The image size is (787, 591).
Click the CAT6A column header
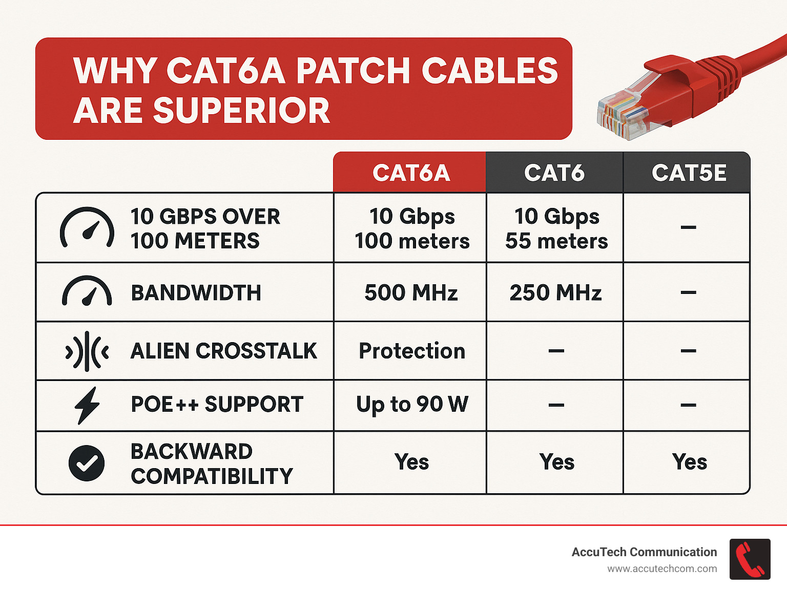pos(411,173)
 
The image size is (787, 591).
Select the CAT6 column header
pos(554,173)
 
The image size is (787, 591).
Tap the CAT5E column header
pos(689,173)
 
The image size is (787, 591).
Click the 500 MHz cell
pos(411,292)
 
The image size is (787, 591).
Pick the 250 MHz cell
pos(555,292)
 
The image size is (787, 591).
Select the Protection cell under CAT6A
pos(412,351)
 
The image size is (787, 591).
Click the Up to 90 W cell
pos(412,404)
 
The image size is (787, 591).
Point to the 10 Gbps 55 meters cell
pos(556,228)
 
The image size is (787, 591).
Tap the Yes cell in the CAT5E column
pos(689,462)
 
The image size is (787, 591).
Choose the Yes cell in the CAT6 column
pos(556,462)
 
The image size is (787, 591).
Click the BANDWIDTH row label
pos(196,292)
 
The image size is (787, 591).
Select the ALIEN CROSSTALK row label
pos(223,351)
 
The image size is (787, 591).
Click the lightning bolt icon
pos(87,405)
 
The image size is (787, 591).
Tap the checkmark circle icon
pos(87,463)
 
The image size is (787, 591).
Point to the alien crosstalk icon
pos(87,351)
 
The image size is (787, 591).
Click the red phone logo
pos(750,559)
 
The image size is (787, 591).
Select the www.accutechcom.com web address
pos(662,569)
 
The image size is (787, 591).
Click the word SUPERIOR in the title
pos(241,110)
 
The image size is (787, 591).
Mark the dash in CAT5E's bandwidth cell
pos(688,293)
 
